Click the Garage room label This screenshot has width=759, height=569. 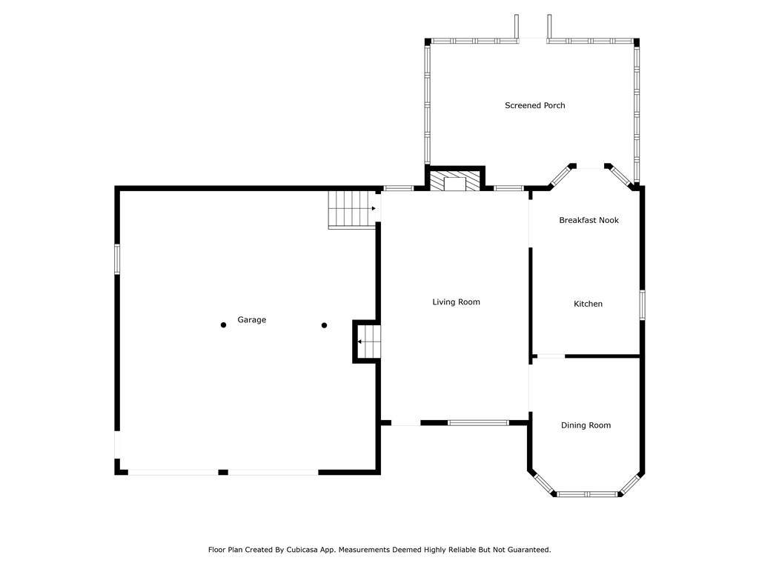pyautogui.click(x=252, y=320)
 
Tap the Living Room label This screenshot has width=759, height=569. pyautogui.click(x=456, y=302)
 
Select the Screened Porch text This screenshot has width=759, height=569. pyautogui.click(x=535, y=105)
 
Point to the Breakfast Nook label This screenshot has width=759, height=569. pyautogui.click(x=589, y=220)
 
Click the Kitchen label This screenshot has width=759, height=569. pyautogui.click(x=588, y=304)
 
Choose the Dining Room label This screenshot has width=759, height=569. pyautogui.click(x=586, y=425)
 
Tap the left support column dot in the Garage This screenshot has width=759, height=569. pyautogui.click(x=223, y=325)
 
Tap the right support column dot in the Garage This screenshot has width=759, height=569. pyautogui.click(x=325, y=325)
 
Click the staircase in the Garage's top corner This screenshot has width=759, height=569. pyautogui.click(x=352, y=210)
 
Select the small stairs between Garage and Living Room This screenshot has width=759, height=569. pyautogui.click(x=369, y=342)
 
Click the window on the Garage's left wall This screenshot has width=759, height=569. pyautogui.click(x=117, y=260)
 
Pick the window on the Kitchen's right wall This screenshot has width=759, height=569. pyautogui.click(x=643, y=305)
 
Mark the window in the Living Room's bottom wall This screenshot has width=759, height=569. pyautogui.click(x=478, y=423)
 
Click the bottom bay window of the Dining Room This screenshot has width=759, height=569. pyautogui.click(x=587, y=494)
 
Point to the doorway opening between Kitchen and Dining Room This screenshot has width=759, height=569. pyautogui.click(x=551, y=356)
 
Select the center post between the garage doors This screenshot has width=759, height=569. pyautogui.click(x=223, y=472)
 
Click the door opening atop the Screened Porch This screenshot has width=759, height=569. pyautogui.click(x=532, y=40)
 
